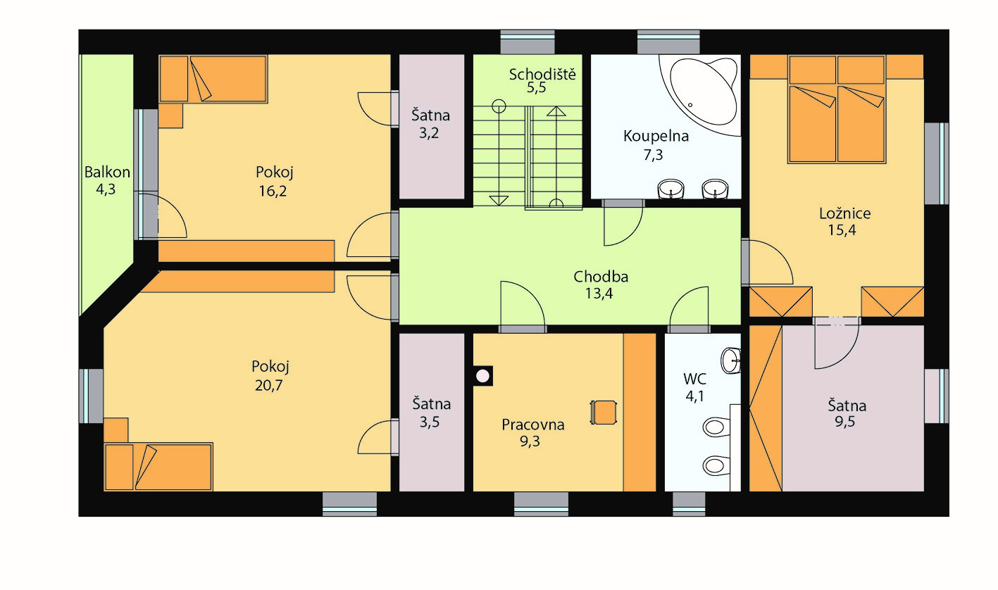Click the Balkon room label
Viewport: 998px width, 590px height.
pyautogui.click(x=107, y=172)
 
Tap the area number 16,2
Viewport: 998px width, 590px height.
pyautogui.click(x=273, y=191)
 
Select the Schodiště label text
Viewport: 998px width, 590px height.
pyautogui.click(x=542, y=74)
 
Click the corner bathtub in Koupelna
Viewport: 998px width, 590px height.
pyautogui.click(x=699, y=94)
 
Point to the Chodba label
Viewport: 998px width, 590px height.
pyautogui.click(x=601, y=277)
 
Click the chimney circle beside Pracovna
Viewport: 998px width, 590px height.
pyautogui.click(x=482, y=376)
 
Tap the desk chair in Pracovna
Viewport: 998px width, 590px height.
pyautogui.click(x=604, y=413)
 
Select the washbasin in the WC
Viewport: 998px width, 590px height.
pyautogui.click(x=731, y=360)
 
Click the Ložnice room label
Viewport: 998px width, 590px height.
pyautogui.click(x=844, y=213)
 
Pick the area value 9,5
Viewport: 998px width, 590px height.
pyautogui.click(x=844, y=421)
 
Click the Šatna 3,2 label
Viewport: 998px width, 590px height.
pyautogui.click(x=430, y=124)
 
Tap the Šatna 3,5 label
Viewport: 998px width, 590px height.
pyautogui.click(x=431, y=413)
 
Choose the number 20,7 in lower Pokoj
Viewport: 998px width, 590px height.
pyautogui.click(x=268, y=385)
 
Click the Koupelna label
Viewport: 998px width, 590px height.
pyautogui.click(x=656, y=136)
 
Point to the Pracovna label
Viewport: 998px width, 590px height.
pyautogui.click(x=533, y=425)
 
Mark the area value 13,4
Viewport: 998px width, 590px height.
pyautogui.click(x=599, y=294)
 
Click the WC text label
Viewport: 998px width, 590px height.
pyautogui.click(x=694, y=379)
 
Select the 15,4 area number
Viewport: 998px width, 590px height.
pyautogui.click(x=842, y=230)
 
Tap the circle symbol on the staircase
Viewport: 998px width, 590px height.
pyautogui.click(x=499, y=106)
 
